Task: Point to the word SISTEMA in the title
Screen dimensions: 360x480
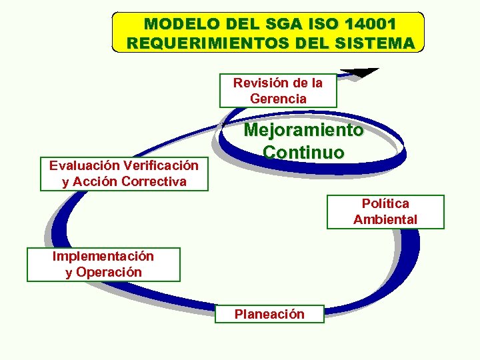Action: [x=373, y=43]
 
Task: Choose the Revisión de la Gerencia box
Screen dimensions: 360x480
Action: [x=278, y=91]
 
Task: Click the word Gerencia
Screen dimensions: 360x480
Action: [x=278, y=99]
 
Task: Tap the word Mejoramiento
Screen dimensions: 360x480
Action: [x=304, y=131]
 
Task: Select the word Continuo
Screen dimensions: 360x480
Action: [x=304, y=152]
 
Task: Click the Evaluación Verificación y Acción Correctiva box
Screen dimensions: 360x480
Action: [x=124, y=173]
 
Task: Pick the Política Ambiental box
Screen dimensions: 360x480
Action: [x=385, y=211]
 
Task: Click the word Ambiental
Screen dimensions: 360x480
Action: [x=385, y=219]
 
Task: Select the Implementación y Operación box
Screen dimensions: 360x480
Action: [x=103, y=264]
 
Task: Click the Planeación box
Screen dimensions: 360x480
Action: [x=269, y=314]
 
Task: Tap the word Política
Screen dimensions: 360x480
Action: [x=385, y=203]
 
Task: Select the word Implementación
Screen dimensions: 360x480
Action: [x=103, y=256]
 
